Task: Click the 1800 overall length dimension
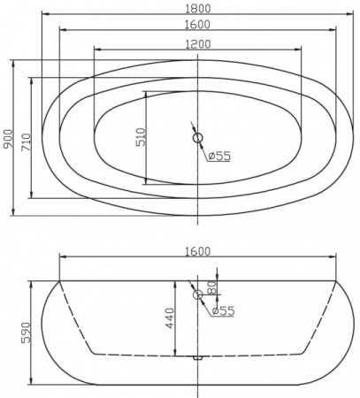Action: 198,6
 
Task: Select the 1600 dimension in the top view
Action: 198,25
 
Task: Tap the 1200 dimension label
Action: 198,43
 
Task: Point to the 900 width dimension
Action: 9,138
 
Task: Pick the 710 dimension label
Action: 26,138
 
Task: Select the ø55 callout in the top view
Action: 219,157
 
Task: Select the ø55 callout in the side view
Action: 223,310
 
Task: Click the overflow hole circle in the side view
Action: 198,295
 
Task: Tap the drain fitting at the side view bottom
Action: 198,357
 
